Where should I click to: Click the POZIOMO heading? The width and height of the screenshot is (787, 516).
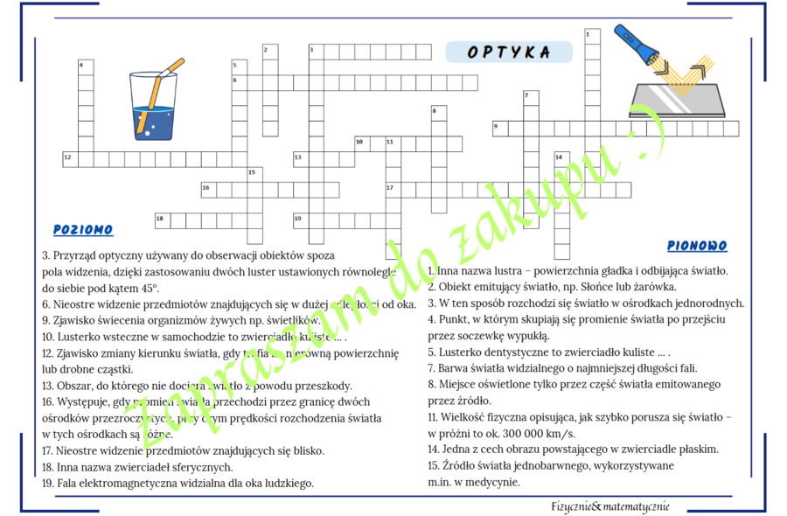83,230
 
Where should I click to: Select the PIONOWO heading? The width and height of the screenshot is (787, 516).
696,247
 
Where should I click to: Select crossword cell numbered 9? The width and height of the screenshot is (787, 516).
499,128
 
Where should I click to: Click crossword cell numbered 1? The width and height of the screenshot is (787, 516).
591,36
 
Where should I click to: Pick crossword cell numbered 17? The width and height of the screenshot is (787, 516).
393,188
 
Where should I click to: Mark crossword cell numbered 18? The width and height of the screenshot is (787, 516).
162,219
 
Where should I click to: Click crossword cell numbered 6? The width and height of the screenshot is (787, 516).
239,81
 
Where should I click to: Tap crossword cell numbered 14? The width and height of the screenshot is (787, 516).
561,158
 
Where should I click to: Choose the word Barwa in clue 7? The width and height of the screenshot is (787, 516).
452,368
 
